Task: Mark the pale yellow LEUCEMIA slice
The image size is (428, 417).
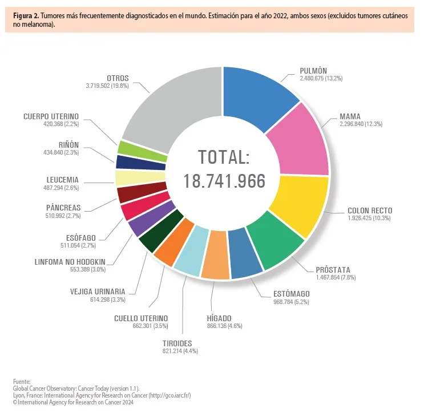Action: click(124, 178)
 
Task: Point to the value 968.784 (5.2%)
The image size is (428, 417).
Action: click(291, 302)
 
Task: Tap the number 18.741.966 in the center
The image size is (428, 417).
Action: click(224, 181)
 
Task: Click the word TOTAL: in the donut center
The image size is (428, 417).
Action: click(224, 157)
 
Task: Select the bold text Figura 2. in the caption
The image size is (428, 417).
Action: click(26, 16)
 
